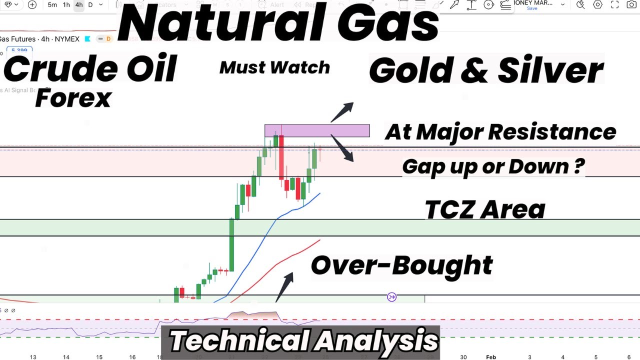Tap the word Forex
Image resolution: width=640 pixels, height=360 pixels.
coord(73,98)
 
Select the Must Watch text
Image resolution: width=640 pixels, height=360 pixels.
coord(274,67)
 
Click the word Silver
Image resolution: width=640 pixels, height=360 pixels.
coord(551,70)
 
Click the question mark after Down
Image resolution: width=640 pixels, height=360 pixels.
coord(578,166)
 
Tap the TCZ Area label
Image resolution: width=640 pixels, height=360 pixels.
coord(484,209)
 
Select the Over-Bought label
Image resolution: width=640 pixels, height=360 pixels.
coord(401,265)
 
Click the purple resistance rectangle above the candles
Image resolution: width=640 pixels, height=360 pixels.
coord(317,130)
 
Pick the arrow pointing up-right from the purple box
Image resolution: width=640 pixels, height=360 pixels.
coord(342,112)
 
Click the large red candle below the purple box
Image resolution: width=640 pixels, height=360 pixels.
coord(281,157)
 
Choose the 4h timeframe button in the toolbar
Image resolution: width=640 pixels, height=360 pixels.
coord(79,5)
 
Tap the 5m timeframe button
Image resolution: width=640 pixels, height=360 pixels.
coord(52,5)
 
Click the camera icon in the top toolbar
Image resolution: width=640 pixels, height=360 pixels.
coord(631,5)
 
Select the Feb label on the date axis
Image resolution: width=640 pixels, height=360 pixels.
coord(491,357)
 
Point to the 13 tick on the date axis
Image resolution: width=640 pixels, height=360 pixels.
coord(33,357)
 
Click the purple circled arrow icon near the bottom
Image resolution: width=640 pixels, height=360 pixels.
coord(392,297)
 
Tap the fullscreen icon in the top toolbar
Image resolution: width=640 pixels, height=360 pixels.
coord(615,5)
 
